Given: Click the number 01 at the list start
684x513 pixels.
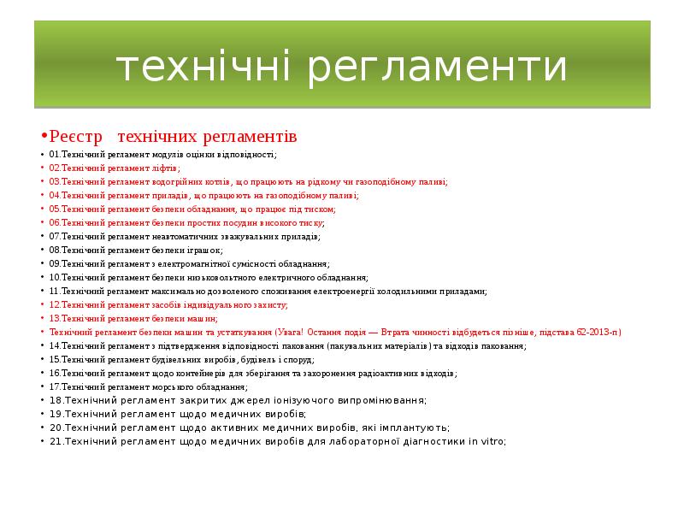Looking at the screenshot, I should click(54, 155).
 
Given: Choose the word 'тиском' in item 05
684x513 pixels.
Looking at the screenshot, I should click(320, 209).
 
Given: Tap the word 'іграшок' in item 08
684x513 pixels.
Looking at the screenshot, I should click(205, 250).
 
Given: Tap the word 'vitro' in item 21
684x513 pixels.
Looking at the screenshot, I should click(492, 441).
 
